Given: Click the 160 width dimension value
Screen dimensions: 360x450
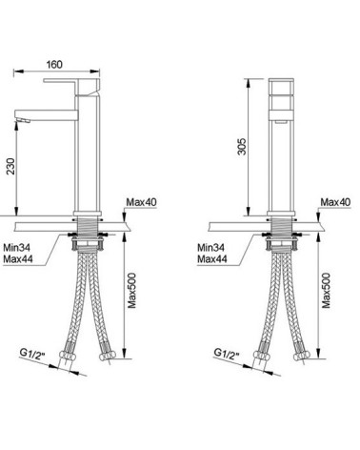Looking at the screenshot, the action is coord(54,65).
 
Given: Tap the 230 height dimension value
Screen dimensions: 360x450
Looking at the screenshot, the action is coord(10,166).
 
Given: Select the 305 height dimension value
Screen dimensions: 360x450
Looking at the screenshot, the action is coord(242,146).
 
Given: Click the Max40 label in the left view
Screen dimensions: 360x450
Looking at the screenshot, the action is coord(141,202).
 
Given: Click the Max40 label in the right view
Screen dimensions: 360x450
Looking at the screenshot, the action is coord(335,202).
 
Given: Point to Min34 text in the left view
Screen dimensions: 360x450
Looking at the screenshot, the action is coord(17,247).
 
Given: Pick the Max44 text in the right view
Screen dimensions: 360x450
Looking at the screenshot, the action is coord(212,259).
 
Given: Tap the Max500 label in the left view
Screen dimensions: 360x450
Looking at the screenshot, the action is coord(131,291).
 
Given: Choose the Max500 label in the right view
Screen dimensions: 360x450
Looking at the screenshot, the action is coord(326,291).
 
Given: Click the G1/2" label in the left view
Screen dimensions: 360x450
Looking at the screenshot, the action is coord(30,354).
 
